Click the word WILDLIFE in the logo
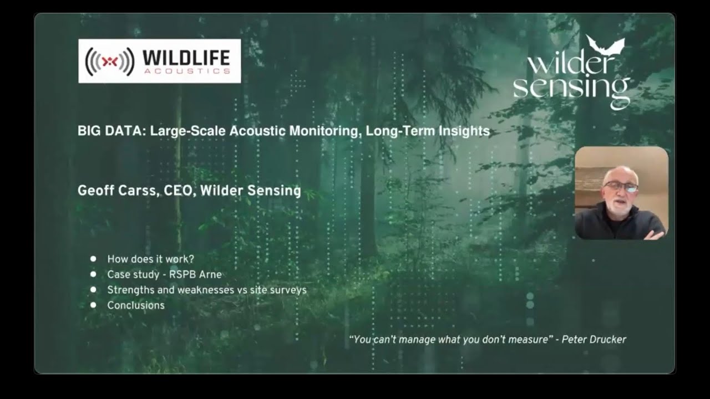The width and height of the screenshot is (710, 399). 186,57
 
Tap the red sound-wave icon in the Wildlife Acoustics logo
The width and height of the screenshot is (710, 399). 110,62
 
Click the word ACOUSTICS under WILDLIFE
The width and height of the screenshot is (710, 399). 186,71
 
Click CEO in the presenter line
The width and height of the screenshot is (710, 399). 179,191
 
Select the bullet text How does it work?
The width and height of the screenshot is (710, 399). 150,259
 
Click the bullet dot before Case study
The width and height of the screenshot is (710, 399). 93,274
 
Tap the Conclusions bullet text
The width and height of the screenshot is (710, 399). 136,305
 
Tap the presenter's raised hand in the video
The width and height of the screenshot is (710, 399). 654,234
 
